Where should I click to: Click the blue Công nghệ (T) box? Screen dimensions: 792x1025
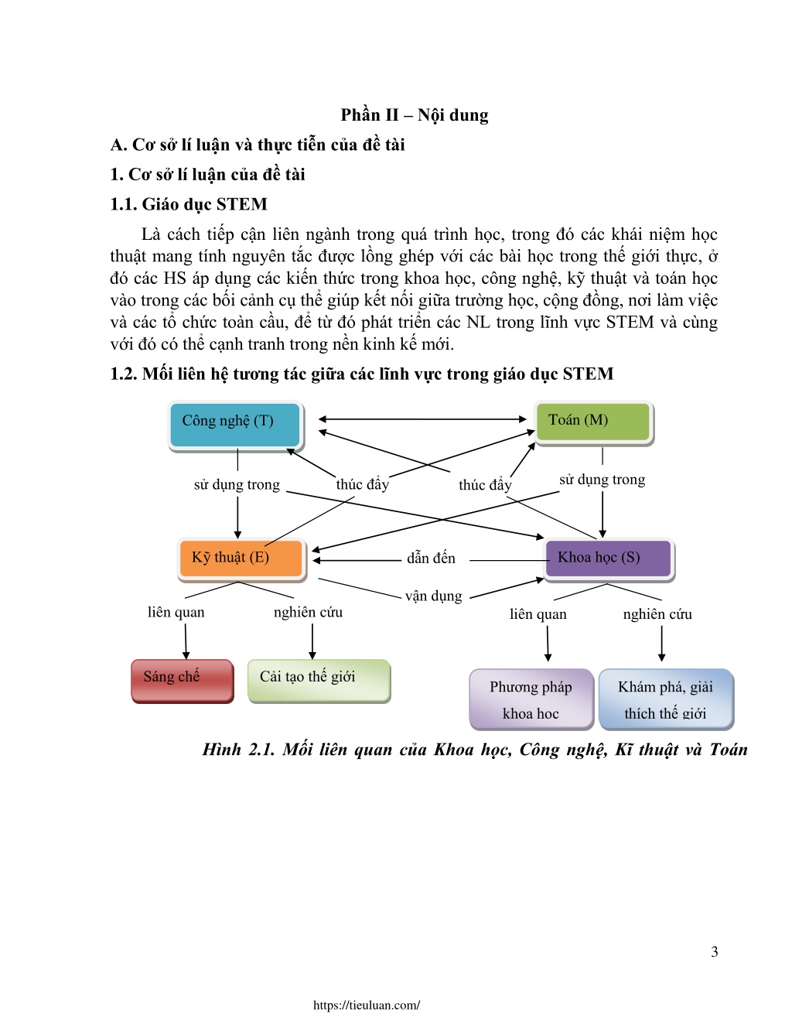(x=235, y=425)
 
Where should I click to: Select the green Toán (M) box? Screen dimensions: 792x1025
(x=593, y=422)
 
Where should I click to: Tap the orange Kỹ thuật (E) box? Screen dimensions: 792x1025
(x=241, y=559)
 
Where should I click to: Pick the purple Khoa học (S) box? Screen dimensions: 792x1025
(x=609, y=559)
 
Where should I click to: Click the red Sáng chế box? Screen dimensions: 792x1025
(x=183, y=681)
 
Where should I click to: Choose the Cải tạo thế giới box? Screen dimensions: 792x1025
(x=319, y=681)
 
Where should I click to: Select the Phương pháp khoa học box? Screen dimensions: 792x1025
(x=531, y=699)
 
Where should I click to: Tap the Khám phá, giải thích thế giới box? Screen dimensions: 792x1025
(x=666, y=699)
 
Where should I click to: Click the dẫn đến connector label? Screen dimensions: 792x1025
(x=431, y=559)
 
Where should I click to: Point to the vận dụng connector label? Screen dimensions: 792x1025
(x=433, y=596)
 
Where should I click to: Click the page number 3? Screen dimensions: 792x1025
(x=714, y=952)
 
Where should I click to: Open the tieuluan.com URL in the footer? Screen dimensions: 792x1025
(x=367, y=1005)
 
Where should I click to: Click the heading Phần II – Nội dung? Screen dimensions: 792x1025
(x=415, y=115)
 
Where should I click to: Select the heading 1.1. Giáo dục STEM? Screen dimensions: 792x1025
(x=189, y=204)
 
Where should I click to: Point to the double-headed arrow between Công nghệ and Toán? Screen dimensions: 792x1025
(x=422, y=419)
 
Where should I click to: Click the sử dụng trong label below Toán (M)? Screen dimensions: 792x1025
(x=602, y=480)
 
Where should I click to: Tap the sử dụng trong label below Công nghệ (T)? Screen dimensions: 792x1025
(x=237, y=484)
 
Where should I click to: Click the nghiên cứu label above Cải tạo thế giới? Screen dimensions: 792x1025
(x=308, y=612)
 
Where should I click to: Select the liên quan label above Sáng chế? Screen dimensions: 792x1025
(x=176, y=612)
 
